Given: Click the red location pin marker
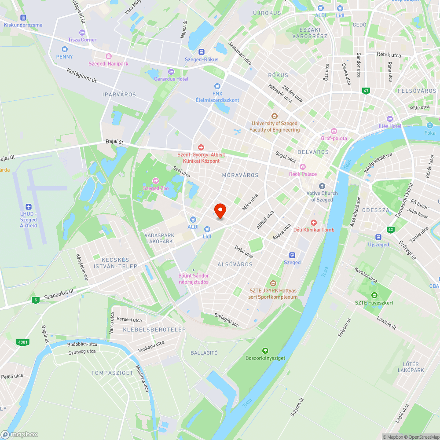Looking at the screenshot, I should click(220, 211).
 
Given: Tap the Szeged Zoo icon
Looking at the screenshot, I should click(155, 180).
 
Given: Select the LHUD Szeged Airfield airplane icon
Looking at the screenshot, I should click(29, 207).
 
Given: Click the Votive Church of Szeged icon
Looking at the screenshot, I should click(322, 186).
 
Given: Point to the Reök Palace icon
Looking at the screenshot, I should click(303, 167).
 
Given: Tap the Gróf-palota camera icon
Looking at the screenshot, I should click(334, 131).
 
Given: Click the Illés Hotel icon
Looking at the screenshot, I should click(389, 119).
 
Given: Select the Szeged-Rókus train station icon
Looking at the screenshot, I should click(202, 52).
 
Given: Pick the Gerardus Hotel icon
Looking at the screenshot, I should click(171, 72).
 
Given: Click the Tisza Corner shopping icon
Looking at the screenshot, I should click(82, 32).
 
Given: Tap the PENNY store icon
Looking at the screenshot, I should click(64, 49).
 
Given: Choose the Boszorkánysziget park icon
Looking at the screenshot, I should click(265, 351).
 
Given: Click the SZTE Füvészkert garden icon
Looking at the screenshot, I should click(374, 295).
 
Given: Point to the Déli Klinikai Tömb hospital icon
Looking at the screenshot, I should click(314, 223).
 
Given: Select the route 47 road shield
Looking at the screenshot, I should click(366, 91).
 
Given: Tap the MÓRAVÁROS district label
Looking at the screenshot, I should click(240, 175).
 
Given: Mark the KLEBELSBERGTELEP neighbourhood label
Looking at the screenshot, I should click(154, 330).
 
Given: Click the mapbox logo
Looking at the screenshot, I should click(19, 434).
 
